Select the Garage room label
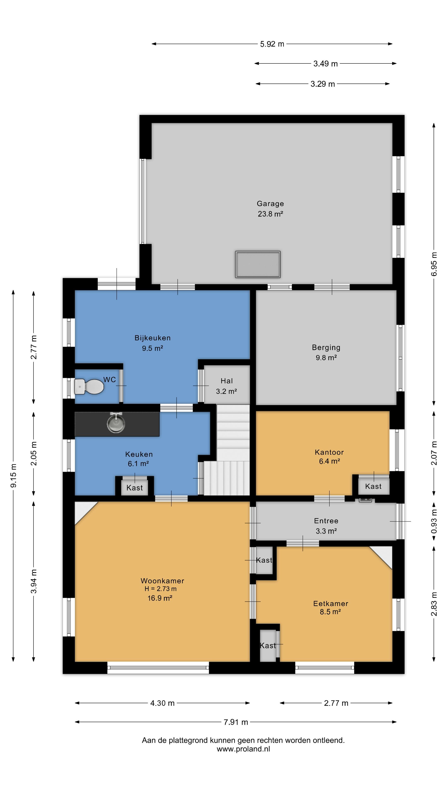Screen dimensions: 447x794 [x=270, y=203]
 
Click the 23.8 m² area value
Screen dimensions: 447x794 [x=270, y=214]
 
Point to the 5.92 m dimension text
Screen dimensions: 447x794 [x=272, y=44]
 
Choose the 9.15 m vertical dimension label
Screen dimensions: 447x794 [x=14, y=476]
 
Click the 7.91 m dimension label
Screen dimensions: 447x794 [x=236, y=722]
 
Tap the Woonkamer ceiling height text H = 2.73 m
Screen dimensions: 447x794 [x=160, y=589]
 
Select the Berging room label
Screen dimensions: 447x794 [x=326, y=347]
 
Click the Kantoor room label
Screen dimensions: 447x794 [x=329, y=452]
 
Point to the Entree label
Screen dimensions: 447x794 [x=326, y=521]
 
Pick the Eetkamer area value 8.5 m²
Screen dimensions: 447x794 [x=330, y=612]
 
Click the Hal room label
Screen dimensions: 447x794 [x=227, y=381]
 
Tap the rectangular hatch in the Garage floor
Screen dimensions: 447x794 [x=258, y=264]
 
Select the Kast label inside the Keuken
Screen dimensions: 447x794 [x=135, y=488]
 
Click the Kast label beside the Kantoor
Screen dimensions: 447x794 [x=373, y=486]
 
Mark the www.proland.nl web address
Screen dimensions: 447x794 [x=243, y=749]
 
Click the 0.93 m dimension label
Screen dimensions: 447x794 [x=434, y=521]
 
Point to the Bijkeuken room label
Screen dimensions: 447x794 [x=152, y=338]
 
